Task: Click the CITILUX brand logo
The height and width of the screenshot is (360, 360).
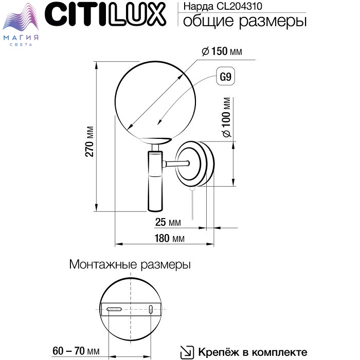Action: [x=105, y=14]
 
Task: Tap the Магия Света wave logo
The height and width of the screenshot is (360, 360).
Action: [x=21, y=24]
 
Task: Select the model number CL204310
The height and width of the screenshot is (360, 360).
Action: [x=239, y=6]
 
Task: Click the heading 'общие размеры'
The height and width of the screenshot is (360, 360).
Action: [x=245, y=22]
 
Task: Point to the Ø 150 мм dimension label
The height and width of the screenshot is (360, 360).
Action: [x=222, y=51]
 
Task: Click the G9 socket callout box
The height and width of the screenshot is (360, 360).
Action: [x=226, y=76]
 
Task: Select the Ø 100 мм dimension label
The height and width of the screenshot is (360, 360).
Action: [x=227, y=117]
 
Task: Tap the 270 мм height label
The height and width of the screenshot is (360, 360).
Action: [x=89, y=141]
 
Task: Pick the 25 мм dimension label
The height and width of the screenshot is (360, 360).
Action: [x=168, y=222]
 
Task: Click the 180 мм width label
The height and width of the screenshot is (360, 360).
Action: [x=169, y=238]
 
